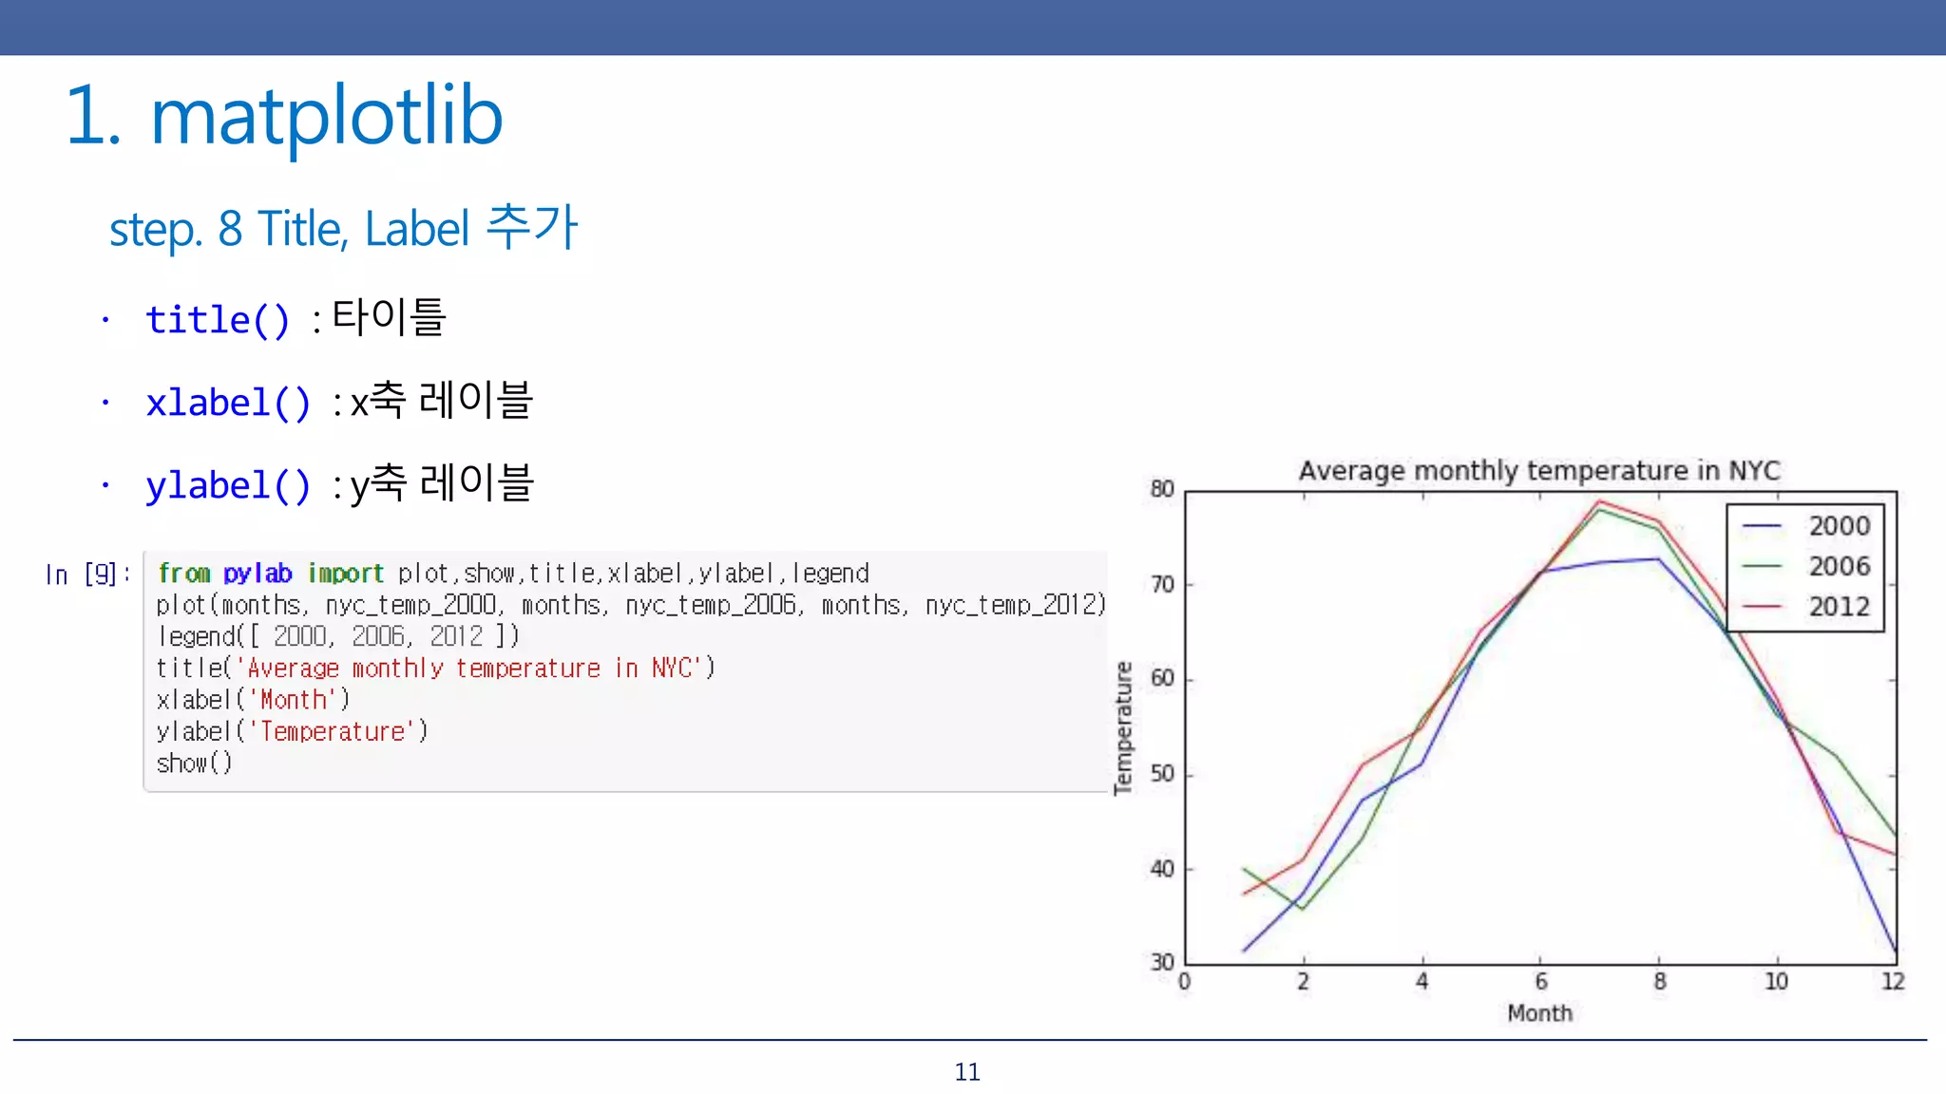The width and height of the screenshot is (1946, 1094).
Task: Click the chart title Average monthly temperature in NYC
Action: pos(1539,471)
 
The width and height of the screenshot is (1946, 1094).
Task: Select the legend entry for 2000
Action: pos(1838,526)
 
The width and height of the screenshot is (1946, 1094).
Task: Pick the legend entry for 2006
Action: pos(1838,567)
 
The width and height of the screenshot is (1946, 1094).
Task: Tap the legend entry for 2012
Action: pos(1838,607)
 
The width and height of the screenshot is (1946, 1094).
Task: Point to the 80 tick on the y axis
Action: pos(1162,489)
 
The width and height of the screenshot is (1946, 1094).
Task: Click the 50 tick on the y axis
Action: pos(1162,774)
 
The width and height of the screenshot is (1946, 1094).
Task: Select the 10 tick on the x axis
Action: pos(1776,982)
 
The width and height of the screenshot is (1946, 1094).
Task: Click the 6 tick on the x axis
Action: pos(1540,982)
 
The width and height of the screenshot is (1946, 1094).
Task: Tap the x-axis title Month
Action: pos(1539,1014)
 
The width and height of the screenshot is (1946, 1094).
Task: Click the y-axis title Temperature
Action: pos(1124,727)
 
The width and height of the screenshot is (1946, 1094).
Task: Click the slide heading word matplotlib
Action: pos(326,116)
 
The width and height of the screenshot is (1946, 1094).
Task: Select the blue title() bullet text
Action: pos(218,320)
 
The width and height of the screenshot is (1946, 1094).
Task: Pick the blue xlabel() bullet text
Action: pos(228,404)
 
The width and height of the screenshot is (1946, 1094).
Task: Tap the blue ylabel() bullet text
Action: pos(228,486)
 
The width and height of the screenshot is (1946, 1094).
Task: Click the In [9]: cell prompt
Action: pos(86,575)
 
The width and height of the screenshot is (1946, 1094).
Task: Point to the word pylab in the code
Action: pos(258,574)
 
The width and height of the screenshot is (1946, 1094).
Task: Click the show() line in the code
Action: pos(194,764)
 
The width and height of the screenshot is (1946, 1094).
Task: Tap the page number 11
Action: pos(967,1072)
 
